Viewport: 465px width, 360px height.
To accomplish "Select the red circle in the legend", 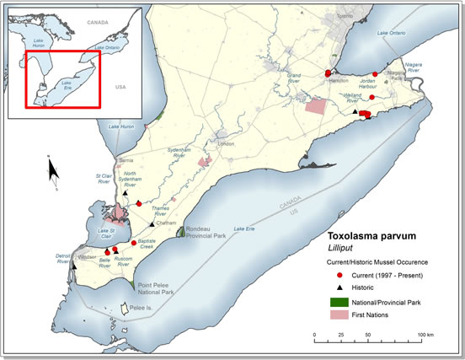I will [x=333, y=276].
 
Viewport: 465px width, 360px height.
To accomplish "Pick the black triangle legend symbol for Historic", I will [x=333, y=287].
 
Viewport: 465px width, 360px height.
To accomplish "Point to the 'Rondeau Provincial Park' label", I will [x=206, y=232].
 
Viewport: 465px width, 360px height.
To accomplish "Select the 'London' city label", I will [x=226, y=143].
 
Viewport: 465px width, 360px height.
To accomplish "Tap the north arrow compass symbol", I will [x=52, y=172].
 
